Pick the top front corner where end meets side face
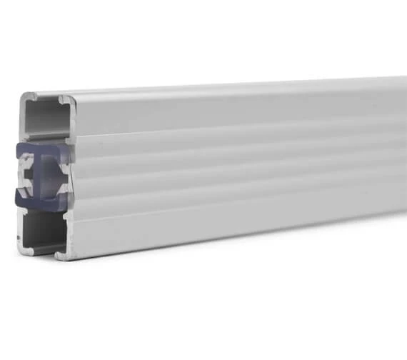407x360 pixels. (x=66, y=96)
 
